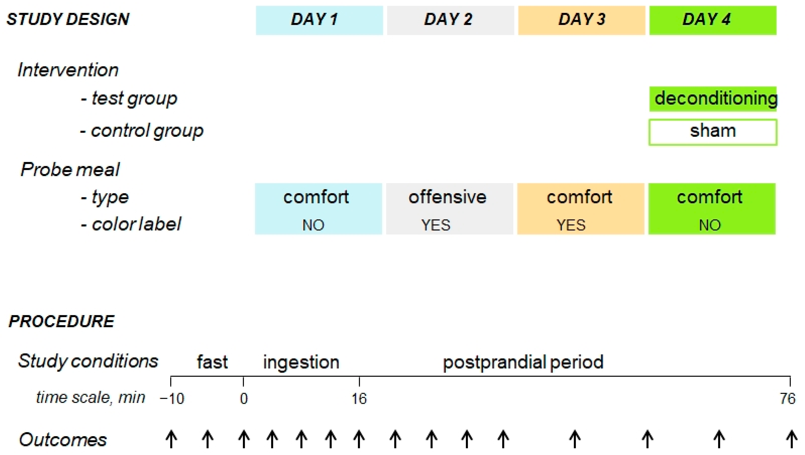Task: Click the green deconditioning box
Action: (x=713, y=99)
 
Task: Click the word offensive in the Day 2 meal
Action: (x=447, y=197)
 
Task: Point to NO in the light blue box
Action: (x=313, y=225)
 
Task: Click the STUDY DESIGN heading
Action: (x=68, y=19)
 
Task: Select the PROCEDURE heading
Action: (x=62, y=321)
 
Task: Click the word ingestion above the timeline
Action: (x=301, y=362)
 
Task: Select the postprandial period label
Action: (x=523, y=362)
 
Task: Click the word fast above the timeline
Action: (x=212, y=362)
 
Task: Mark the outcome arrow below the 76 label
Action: (x=791, y=439)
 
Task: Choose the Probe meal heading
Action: (x=70, y=170)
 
